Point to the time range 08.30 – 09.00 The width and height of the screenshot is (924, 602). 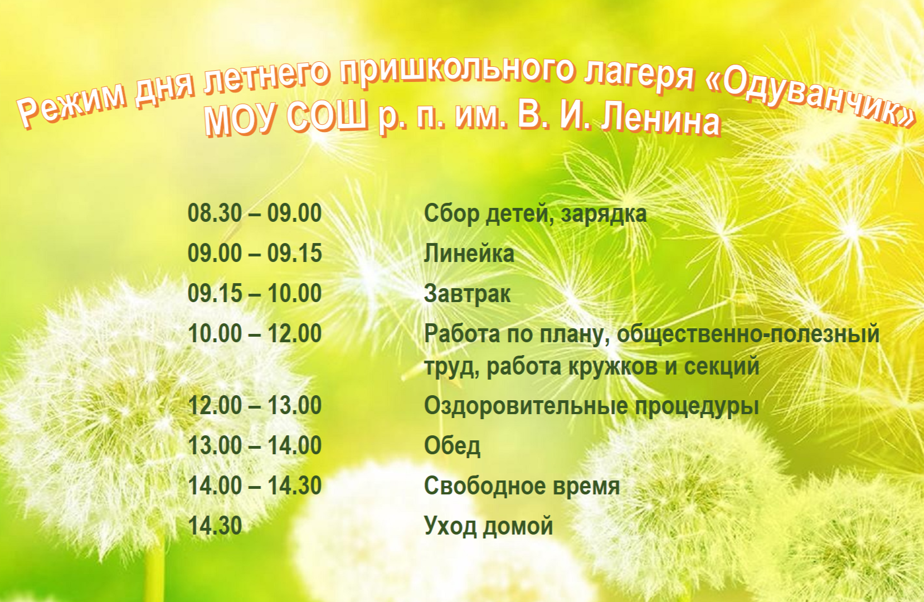coord(255,213)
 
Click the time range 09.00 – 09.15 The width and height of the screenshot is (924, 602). coord(255,253)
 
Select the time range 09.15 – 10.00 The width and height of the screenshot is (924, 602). coord(255,293)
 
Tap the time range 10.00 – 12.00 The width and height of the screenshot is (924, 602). coord(255,333)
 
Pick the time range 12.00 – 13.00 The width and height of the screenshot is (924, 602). coord(255,406)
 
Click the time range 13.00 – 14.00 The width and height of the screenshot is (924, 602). coord(255,445)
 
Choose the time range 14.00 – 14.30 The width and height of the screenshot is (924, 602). coord(255,486)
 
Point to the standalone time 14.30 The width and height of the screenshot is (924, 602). coord(215,526)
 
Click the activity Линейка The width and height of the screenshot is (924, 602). coord(469,254)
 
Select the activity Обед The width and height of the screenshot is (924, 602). coord(452,445)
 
